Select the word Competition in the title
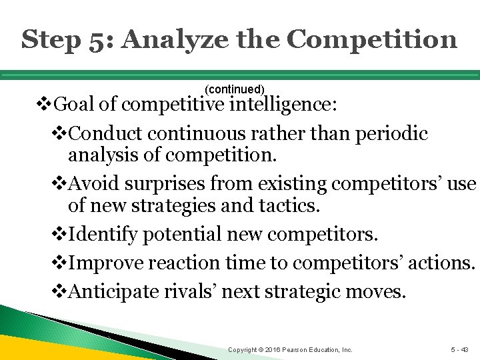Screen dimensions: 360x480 coord(372,39)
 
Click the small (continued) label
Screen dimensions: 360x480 coord(235,89)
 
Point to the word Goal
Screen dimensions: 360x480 coord(73,105)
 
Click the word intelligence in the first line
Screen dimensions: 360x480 coord(283,105)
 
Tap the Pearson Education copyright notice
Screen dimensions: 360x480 coord(290,349)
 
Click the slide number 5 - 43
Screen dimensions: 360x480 coord(459,349)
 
